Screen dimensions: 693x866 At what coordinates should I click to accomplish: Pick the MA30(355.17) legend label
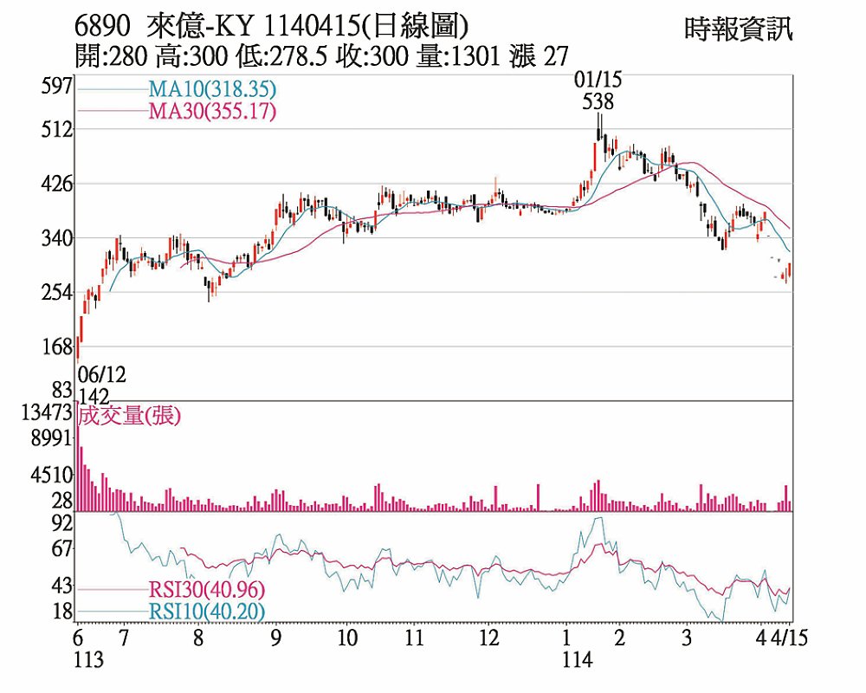(x=212, y=111)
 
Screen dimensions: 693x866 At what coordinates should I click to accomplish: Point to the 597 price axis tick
(x=56, y=86)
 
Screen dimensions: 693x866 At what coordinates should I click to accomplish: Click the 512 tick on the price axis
(x=56, y=130)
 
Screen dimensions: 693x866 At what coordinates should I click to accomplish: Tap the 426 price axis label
(x=56, y=185)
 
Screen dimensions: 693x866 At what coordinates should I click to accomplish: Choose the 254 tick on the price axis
(x=56, y=293)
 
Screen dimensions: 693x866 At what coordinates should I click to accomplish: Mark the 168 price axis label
(x=56, y=347)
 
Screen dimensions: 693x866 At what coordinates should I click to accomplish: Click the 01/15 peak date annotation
(x=598, y=81)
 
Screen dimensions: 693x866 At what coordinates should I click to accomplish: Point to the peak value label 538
(x=598, y=101)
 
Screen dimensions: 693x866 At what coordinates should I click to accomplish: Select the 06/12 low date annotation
(x=101, y=375)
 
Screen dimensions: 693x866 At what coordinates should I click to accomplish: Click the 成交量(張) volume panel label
(x=128, y=415)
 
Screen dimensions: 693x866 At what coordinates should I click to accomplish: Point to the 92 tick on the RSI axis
(x=61, y=523)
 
